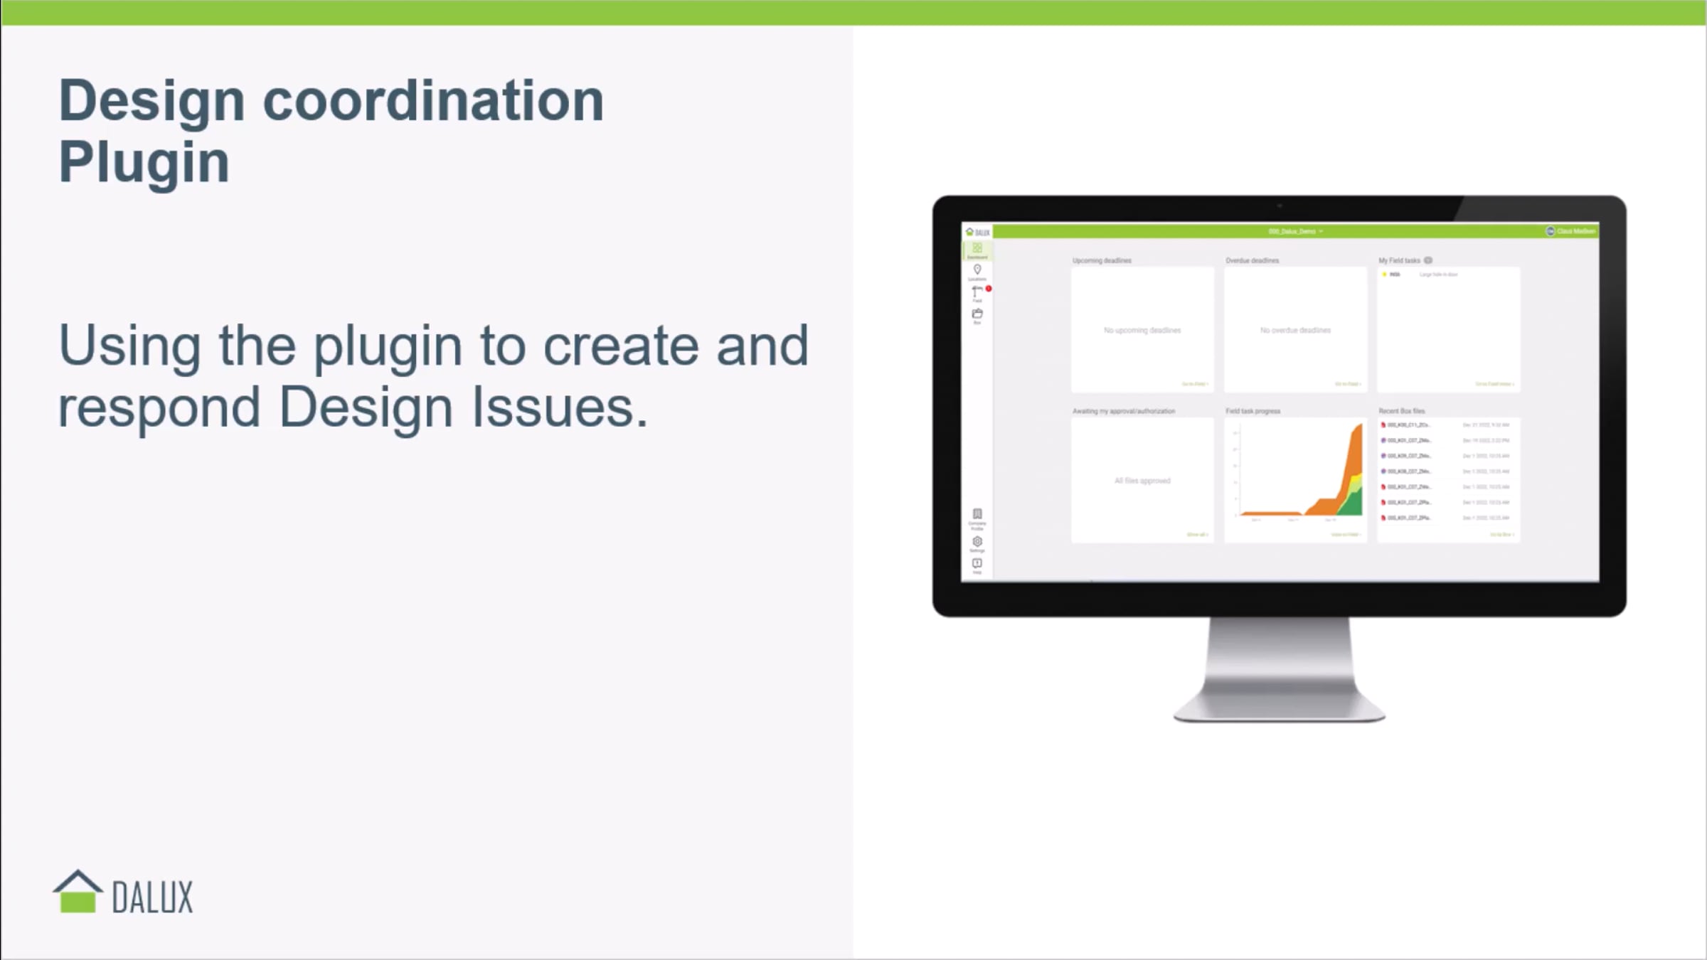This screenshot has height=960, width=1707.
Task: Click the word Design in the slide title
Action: click(152, 100)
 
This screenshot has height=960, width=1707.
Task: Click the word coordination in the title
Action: click(433, 100)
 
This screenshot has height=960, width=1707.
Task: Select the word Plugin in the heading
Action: click(144, 162)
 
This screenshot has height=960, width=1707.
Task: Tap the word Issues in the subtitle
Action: click(560, 407)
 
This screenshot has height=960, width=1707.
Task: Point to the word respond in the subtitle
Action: click(159, 407)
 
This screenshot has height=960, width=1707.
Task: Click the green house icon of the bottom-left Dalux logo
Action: click(78, 892)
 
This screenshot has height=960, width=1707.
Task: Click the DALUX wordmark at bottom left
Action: click(152, 897)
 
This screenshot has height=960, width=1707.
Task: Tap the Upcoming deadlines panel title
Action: click(1102, 260)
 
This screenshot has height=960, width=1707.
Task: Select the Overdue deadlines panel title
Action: click(1252, 260)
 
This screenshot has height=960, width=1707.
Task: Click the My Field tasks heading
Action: click(1399, 260)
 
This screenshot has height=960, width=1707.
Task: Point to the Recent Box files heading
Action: click(1401, 411)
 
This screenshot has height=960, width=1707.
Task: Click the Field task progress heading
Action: click(1253, 411)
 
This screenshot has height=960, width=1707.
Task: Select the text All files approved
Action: click(1142, 481)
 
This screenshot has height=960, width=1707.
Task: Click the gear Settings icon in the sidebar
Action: click(977, 541)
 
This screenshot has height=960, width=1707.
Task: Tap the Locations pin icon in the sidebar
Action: click(977, 270)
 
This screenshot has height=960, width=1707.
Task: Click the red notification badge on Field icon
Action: click(989, 288)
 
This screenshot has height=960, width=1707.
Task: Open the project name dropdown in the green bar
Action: click(1295, 231)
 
